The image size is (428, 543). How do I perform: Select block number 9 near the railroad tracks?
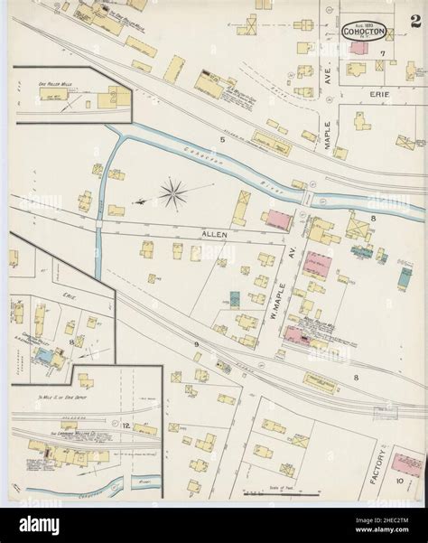pyautogui.click(x=194, y=345)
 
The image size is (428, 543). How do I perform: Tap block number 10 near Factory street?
pyautogui.click(x=400, y=484)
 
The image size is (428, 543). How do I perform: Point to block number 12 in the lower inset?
pyautogui.click(x=127, y=424)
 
